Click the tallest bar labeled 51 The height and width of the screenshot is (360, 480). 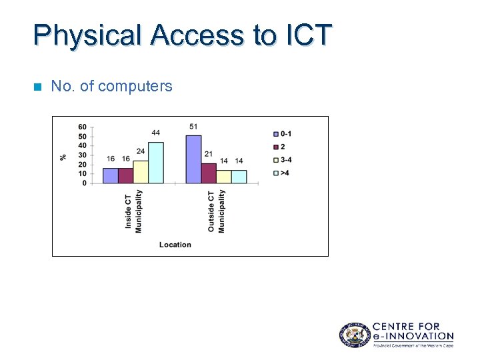point(193,159)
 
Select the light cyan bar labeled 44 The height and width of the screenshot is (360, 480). point(155,163)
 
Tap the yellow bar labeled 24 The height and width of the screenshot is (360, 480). point(141,172)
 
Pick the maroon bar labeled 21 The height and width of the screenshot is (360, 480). point(209,173)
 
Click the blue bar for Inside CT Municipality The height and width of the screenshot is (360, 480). point(110,175)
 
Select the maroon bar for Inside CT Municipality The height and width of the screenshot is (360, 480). point(125,175)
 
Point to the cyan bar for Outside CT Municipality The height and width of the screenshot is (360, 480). point(239,177)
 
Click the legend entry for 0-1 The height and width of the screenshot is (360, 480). point(282,133)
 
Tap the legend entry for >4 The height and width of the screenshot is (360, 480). point(282,173)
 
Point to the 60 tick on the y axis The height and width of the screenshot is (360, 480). point(82,127)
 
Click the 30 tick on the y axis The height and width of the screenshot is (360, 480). point(82,155)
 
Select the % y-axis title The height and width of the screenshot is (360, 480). point(63,157)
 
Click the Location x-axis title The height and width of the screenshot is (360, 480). point(175,245)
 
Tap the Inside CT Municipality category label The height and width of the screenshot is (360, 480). point(133,211)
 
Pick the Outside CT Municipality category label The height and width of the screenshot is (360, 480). point(216,211)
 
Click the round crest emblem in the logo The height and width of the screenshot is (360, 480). point(353,334)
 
